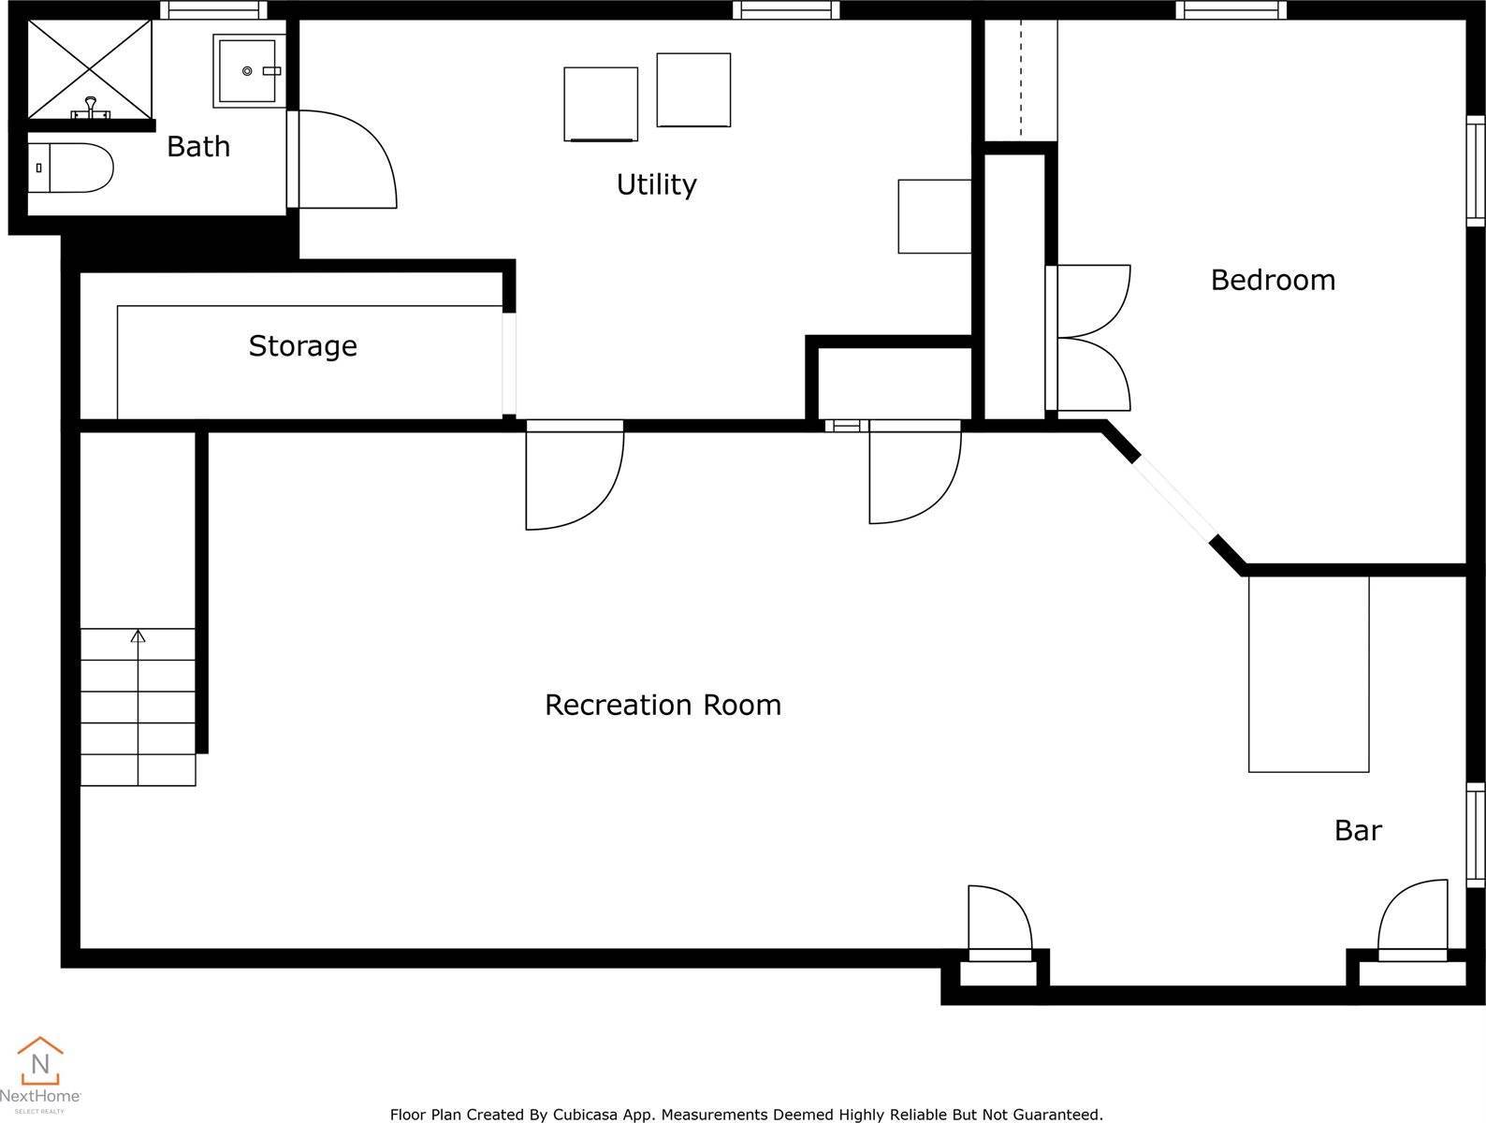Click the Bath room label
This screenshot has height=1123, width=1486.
tap(197, 147)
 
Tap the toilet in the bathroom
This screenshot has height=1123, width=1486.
tap(70, 168)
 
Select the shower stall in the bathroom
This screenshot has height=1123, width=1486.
tap(89, 68)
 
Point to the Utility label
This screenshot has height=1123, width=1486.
tap(656, 184)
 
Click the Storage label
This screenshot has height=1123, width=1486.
tap(302, 346)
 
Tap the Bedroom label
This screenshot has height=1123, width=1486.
tap(1273, 280)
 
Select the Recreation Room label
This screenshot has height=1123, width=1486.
tap(663, 705)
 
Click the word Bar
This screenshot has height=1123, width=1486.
tap(1358, 830)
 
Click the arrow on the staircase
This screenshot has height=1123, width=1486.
tap(138, 637)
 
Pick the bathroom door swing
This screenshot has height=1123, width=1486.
tap(346, 159)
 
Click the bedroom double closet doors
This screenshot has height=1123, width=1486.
tap(1090, 338)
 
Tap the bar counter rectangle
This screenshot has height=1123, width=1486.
tap(1308, 674)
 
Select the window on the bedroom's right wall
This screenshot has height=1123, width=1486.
tap(1475, 170)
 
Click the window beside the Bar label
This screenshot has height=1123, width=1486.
tap(1475, 835)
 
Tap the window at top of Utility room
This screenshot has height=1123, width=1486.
tap(786, 10)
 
